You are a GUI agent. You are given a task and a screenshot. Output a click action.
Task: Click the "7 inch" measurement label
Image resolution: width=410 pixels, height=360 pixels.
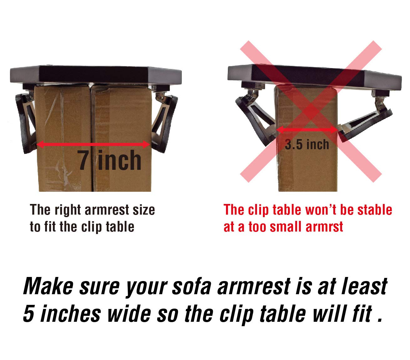pos(110,161)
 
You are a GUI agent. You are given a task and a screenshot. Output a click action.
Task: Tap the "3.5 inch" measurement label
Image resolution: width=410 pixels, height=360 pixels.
pos(307,144)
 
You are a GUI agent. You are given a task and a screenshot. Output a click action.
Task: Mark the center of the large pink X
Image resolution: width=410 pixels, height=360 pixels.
pos(311,111)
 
